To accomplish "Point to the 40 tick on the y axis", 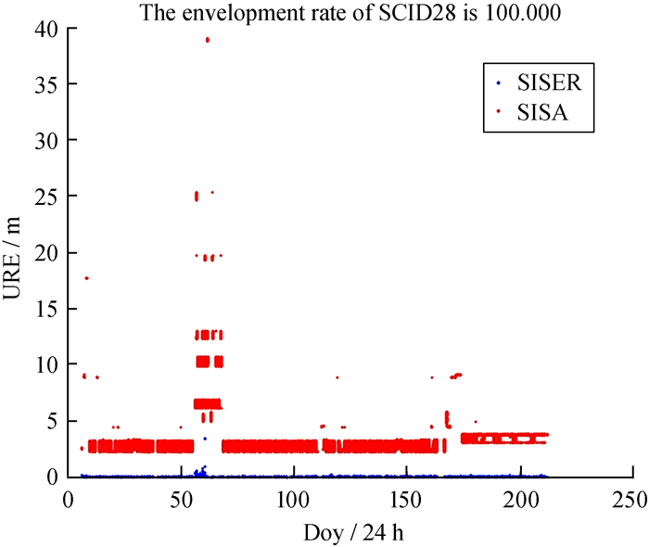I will [x=47, y=29].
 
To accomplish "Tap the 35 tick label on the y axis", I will [x=47, y=85].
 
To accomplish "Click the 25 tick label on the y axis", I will [x=47, y=197].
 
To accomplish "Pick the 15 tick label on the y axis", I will [x=47, y=309].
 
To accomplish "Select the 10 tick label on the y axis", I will [x=47, y=364].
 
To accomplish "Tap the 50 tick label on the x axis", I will [x=180, y=499].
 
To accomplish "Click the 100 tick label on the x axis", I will [x=293, y=499].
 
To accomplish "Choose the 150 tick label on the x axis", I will [x=406, y=499].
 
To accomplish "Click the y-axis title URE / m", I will [x=16, y=254].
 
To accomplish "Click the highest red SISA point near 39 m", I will [x=208, y=40].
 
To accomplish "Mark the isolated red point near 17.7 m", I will [x=86, y=278].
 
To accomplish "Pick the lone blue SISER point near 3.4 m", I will [x=205, y=439].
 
